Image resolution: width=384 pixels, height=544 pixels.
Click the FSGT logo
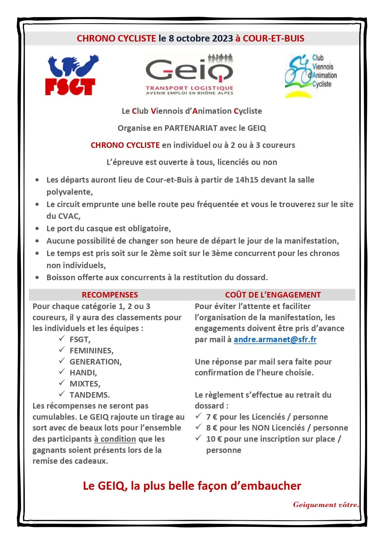click(71, 75)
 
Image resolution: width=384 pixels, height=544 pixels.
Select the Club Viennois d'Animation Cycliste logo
click(310, 76)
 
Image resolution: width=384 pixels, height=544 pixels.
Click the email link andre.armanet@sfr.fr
click(275, 339)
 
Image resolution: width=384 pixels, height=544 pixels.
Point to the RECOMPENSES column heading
click(110, 295)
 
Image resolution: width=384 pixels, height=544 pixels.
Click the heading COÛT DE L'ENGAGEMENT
click(273, 295)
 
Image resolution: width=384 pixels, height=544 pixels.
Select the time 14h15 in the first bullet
click(247, 180)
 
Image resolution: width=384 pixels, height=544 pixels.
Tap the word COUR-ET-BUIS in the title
click(273, 38)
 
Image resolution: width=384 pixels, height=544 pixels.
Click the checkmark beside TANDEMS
click(62, 394)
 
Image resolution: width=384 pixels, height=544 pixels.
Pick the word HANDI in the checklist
click(83, 373)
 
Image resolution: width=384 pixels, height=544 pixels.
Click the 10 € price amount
click(214, 439)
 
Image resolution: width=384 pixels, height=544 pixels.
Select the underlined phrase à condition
click(115, 439)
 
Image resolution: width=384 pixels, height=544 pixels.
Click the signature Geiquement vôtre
click(325, 505)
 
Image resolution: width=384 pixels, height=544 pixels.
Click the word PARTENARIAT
click(191, 128)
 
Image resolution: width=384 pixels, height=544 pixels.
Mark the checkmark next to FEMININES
click(62, 349)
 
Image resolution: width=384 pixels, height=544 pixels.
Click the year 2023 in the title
click(222, 38)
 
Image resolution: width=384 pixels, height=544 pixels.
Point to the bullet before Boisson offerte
click(37, 277)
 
